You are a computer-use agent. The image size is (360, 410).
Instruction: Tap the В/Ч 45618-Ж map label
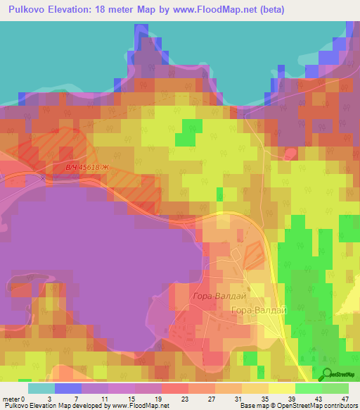coord(88,167)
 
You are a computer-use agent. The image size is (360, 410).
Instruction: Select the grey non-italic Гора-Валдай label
coord(258,310)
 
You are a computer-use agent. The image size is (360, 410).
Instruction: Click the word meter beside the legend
coord(13,399)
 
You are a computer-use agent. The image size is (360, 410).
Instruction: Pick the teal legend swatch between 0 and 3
coord(41,388)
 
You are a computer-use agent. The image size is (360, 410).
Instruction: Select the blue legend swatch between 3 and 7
coord(68,388)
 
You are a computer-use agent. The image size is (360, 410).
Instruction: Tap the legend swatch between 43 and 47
coord(335,388)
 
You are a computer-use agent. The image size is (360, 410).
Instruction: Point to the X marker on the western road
coord(43,179)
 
